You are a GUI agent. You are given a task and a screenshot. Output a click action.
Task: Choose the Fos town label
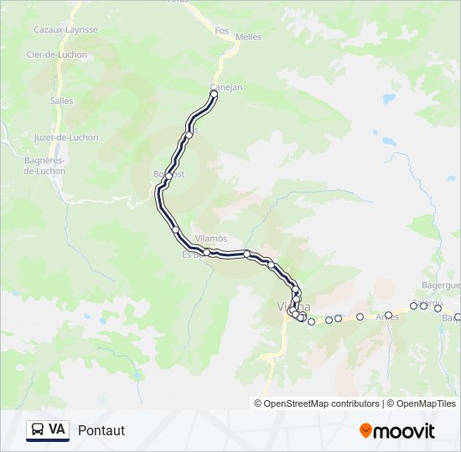point(221,30)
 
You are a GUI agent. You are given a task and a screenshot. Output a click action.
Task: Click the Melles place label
point(249,37)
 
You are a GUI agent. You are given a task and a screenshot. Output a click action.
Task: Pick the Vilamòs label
point(210,238)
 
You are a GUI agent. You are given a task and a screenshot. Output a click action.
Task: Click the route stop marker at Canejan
point(214,95)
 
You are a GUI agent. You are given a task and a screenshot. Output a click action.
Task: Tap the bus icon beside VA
point(38,430)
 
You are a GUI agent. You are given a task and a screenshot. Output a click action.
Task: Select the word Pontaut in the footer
point(101,430)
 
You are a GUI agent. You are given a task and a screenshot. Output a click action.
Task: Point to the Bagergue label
point(441,285)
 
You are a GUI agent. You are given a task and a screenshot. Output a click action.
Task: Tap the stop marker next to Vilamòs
point(206,251)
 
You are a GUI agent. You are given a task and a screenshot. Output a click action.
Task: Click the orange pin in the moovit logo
point(365,431)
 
